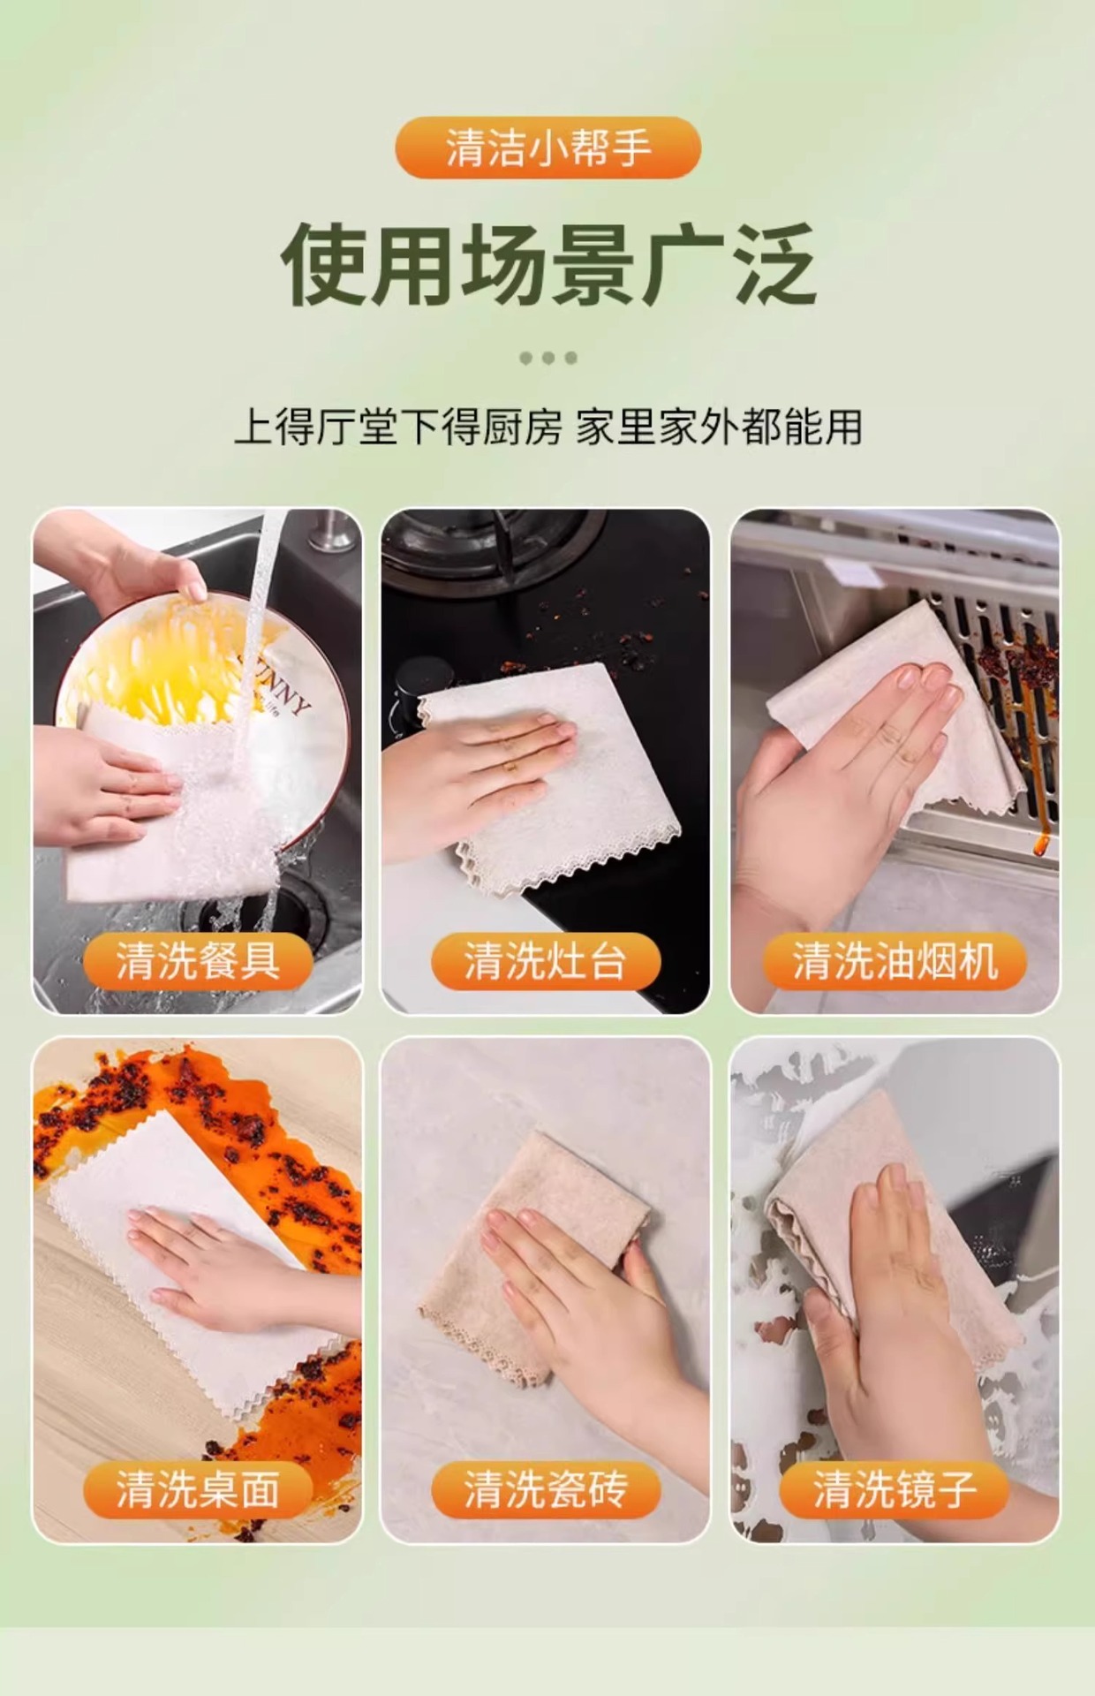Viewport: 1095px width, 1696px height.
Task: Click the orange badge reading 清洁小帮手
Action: pyautogui.click(x=547, y=148)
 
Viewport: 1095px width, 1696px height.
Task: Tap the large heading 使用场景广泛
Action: pyautogui.click(x=547, y=264)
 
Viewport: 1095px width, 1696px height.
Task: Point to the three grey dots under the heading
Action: pyautogui.click(x=548, y=358)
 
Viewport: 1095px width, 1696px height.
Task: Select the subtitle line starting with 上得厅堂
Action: pyautogui.click(x=547, y=428)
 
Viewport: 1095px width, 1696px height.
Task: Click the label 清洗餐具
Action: pyautogui.click(x=198, y=961)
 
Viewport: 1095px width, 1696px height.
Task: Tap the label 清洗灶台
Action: pyautogui.click(x=546, y=961)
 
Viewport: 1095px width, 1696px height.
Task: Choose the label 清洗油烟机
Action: pyautogui.click(x=895, y=961)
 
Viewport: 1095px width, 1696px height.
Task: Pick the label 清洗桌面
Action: pyautogui.click(x=198, y=1489)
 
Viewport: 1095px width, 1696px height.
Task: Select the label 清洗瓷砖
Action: pyautogui.click(x=546, y=1489)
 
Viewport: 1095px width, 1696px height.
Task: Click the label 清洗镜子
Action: pyautogui.click(x=895, y=1489)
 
